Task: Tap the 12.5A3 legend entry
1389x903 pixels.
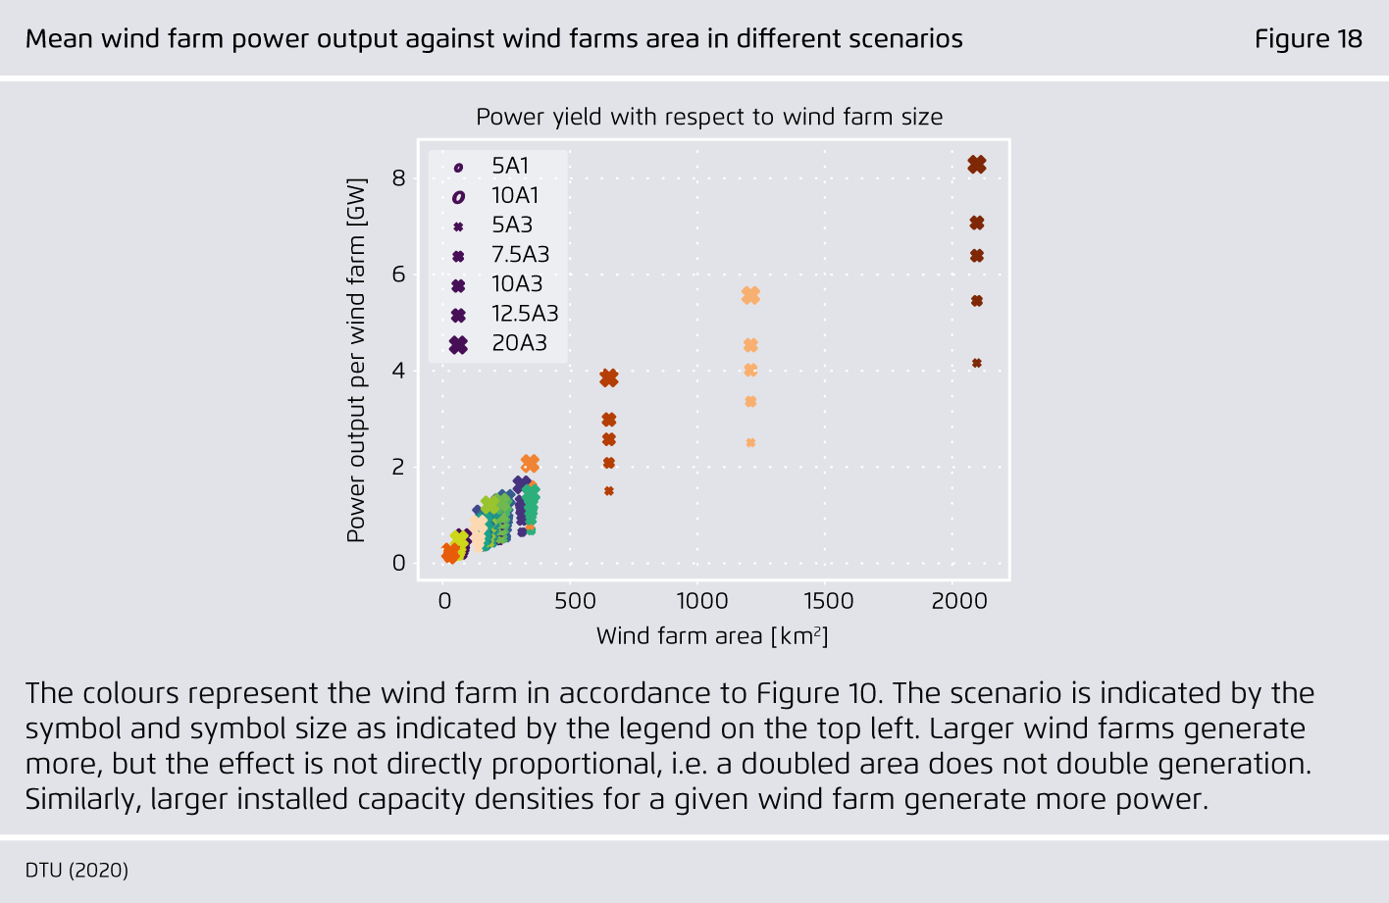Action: [x=504, y=314]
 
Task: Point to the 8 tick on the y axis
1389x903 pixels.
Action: [x=398, y=178]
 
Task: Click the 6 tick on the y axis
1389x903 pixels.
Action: [x=398, y=275]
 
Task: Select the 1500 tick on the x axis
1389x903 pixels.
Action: [x=829, y=601]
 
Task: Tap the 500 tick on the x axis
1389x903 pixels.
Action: [x=575, y=601]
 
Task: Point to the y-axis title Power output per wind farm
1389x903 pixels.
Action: [x=356, y=361]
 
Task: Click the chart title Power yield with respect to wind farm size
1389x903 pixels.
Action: [x=709, y=117]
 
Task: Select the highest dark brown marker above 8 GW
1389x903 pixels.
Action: [x=977, y=165]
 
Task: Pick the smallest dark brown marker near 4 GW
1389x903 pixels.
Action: [x=977, y=363]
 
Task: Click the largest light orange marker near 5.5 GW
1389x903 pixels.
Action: [x=750, y=296]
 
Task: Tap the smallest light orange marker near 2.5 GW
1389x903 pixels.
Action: [x=750, y=442]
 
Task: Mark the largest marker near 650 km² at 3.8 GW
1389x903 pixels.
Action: [x=609, y=378]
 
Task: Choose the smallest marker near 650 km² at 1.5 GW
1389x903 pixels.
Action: [x=609, y=491]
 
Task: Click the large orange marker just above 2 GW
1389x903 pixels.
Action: [x=530, y=463]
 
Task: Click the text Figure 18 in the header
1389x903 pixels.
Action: [x=1309, y=39]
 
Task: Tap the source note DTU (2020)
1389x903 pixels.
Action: [x=77, y=870]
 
